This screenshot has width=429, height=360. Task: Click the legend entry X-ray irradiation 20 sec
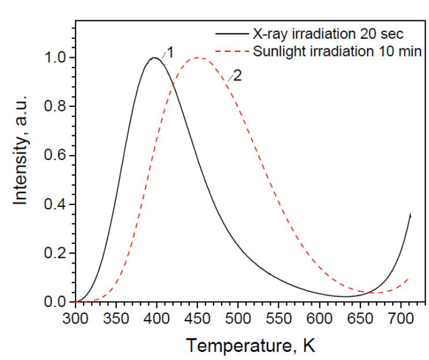[x=327, y=34]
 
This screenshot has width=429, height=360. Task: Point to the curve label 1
[x=170, y=52]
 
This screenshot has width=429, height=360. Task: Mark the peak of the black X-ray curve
[x=154, y=58]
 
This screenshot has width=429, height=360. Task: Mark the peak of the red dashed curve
[x=199, y=58]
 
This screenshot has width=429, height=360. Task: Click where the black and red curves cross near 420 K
[x=173, y=86]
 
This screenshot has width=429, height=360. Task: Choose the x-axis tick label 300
[x=75, y=317]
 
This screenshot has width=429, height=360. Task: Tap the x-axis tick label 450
[x=197, y=317]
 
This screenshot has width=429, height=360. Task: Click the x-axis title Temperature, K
[x=250, y=345]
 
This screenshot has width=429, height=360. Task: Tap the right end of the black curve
[x=410, y=214]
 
